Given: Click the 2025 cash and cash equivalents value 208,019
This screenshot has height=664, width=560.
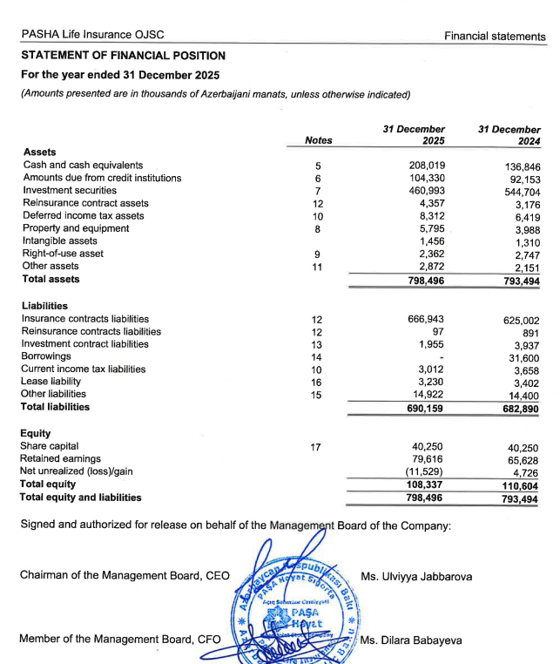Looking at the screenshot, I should (427, 166).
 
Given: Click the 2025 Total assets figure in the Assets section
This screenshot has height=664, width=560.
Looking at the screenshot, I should (427, 280).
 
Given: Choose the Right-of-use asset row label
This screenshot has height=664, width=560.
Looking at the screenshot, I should (63, 254).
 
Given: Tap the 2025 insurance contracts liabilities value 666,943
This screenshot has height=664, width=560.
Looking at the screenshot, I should (427, 320).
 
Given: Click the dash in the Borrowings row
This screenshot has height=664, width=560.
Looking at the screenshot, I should (443, 357).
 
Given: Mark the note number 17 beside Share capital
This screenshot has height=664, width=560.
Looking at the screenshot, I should (317, 447).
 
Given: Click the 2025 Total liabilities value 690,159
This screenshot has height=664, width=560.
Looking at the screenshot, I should (427, 408).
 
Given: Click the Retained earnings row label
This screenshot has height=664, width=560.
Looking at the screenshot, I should (61, 459).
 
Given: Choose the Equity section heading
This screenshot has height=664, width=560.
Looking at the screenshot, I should (36, 434).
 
